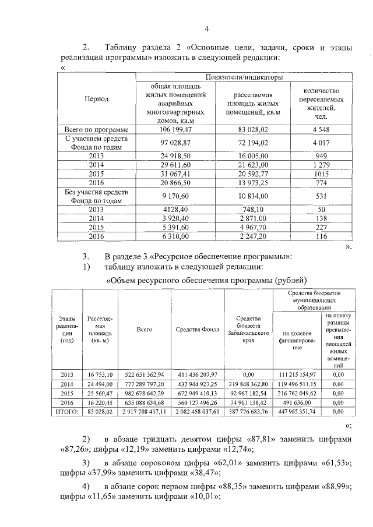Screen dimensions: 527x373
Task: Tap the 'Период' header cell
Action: [97, 99]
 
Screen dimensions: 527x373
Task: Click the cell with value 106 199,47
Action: [175, 129]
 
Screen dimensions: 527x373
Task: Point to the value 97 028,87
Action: [175, 142]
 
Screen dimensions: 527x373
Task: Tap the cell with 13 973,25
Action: [252, 183]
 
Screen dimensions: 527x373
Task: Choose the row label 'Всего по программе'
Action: [97, 129]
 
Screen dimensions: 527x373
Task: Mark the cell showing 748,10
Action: [252, 210]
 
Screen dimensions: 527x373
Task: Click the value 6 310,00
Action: [175, 236]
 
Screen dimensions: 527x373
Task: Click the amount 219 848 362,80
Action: [248, 384]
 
